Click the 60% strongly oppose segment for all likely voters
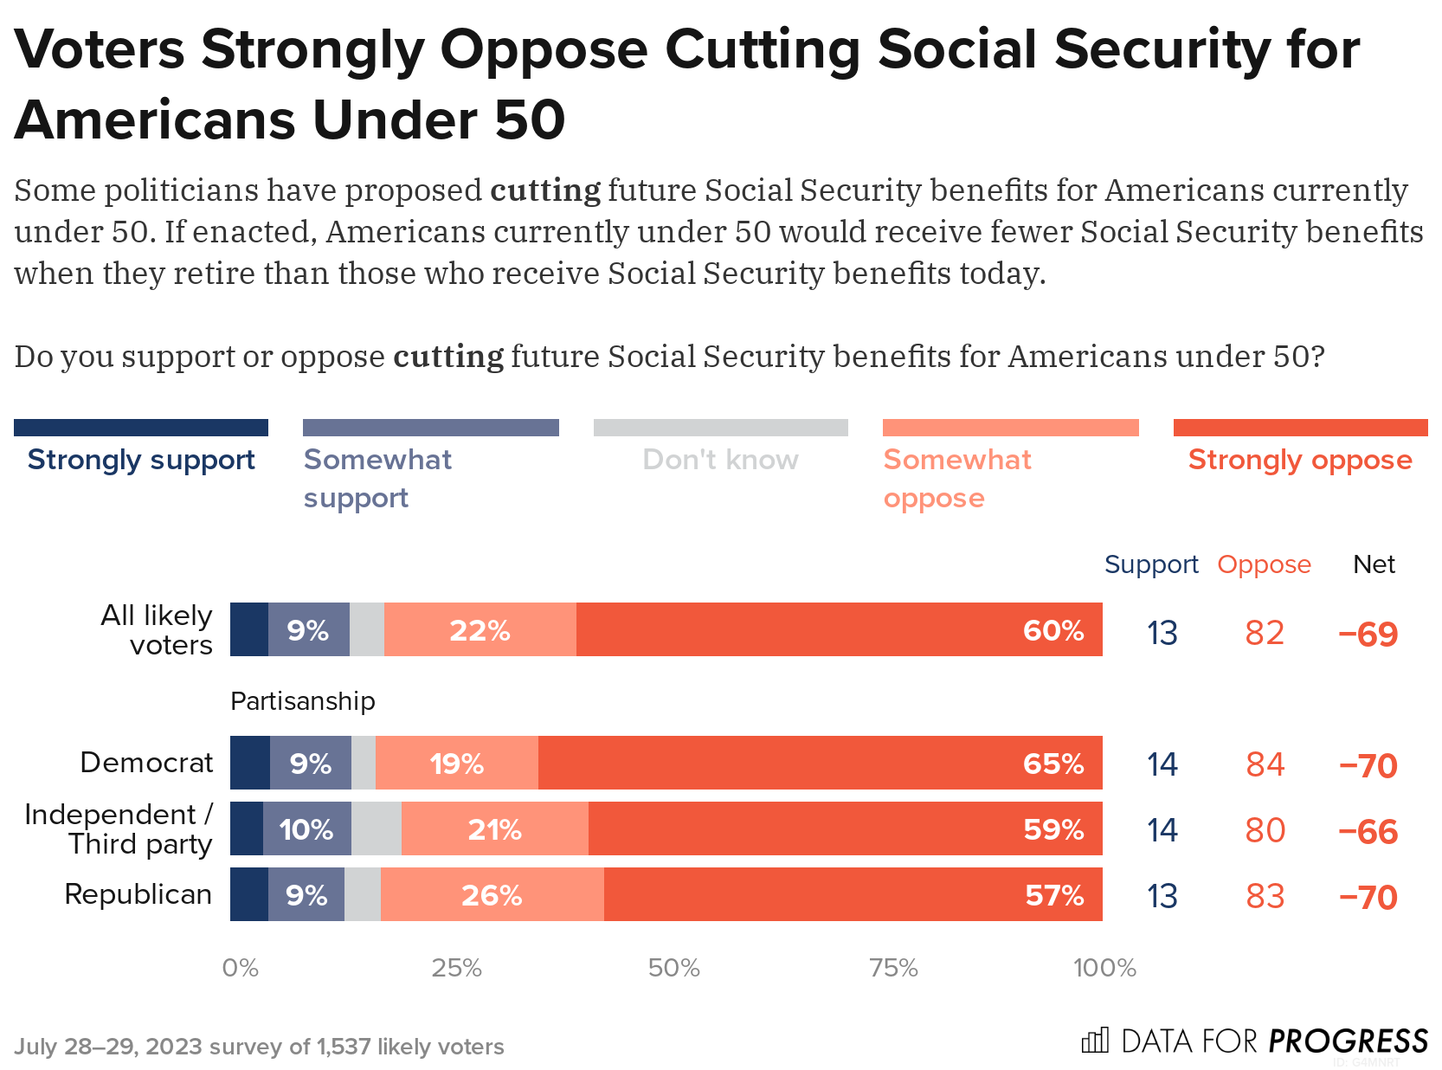839,629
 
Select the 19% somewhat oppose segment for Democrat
456,763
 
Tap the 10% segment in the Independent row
306,828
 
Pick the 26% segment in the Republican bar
492,894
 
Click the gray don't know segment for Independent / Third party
377,828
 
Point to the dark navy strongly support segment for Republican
248,894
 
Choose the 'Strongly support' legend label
141,460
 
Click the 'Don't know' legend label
720,460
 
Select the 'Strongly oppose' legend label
1299,460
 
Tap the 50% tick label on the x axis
673,968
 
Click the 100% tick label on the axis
1104,968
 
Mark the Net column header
1374,564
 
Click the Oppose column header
1264,564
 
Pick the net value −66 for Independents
1368,831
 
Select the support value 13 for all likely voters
1162,633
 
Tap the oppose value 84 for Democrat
1265,764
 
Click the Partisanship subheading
302,700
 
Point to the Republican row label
138,894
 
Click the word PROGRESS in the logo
1348,1041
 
